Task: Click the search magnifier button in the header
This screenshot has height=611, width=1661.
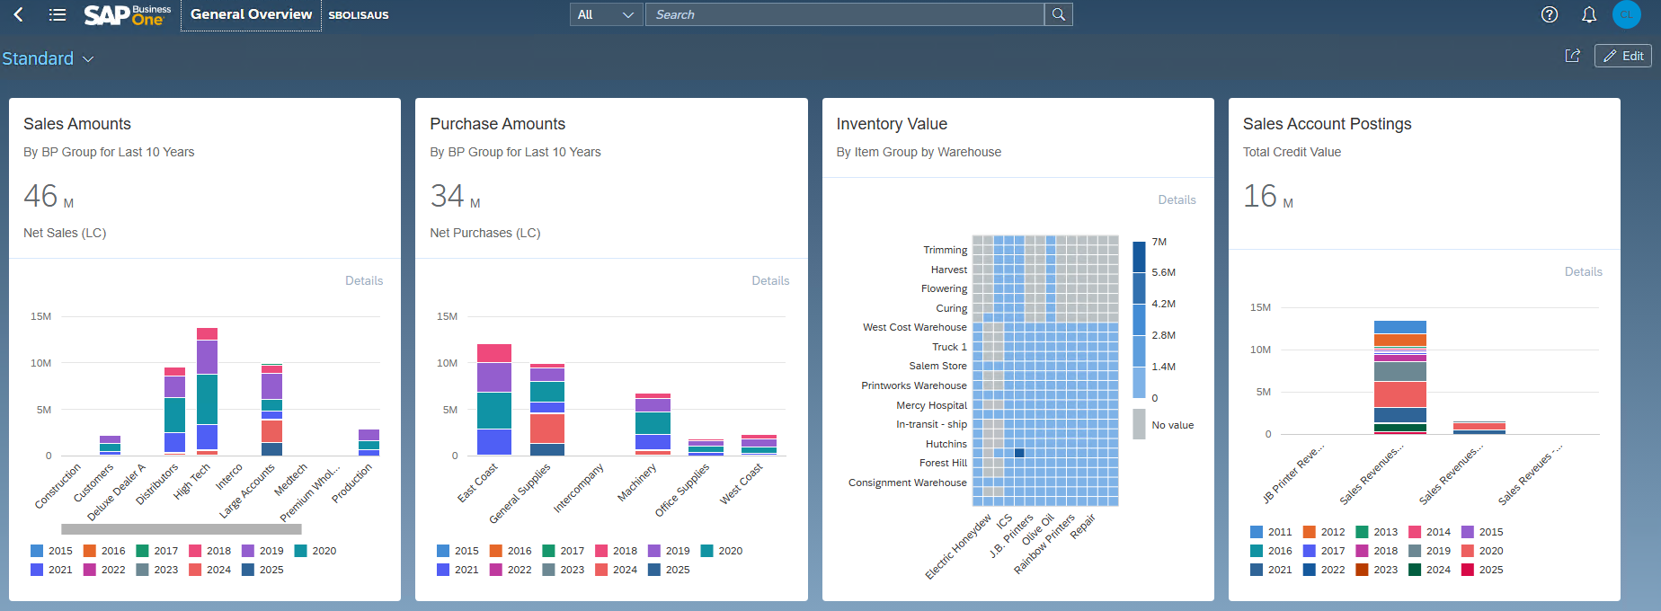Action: (x=1059, y=14)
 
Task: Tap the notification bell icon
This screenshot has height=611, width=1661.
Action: (x=1589, y=14)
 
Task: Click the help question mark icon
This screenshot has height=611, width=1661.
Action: (x=1550, y=14)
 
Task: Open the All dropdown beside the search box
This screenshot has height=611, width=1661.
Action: (x=607, y=14)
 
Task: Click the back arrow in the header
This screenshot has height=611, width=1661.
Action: (x=19, y=14)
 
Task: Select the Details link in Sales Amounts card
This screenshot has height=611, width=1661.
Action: (x=364, y=280)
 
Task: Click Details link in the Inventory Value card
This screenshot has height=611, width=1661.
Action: (x=1177, y=199)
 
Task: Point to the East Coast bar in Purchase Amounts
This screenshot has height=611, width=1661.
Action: (x=493, y=400)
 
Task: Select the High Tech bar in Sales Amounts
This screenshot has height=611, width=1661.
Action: (x=208, y=391)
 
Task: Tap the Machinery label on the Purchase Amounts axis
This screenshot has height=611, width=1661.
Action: (x=637, y=483)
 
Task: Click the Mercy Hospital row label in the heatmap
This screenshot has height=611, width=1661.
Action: (x=931, y=405)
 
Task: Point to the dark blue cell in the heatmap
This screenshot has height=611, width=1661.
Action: (x=1019, y=453)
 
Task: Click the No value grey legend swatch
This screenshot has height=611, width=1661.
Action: (x=1139, y=424)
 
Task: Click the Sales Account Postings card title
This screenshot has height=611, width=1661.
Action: (x=1327, y=124)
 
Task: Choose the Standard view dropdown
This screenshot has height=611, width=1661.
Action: (x=48, y=58)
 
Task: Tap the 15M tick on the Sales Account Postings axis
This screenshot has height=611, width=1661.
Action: (x=1260, y=307)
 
